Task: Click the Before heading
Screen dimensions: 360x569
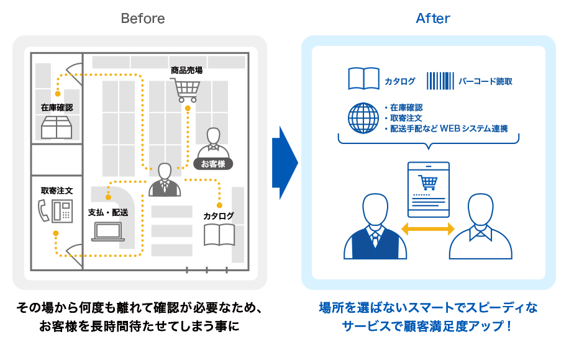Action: point(143,19)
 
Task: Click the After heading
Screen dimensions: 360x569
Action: point(433,19)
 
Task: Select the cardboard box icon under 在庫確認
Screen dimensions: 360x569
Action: point(57,128)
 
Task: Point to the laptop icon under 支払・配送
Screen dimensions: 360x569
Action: point(108,232)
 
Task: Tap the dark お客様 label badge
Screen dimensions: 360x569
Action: point(213,164)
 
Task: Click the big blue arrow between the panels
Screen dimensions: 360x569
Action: point(284,163)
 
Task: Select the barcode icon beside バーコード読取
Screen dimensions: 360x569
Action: point(439,81)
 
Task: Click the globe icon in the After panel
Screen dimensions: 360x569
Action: point(363,118)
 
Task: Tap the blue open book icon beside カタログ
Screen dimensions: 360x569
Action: point(363,79)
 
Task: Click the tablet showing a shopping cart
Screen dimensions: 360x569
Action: point(428,189)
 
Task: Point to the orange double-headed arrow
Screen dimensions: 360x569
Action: point(428,229)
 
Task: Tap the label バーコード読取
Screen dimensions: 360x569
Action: point(485,81)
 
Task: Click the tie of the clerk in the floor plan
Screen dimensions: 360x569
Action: point(165,186)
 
